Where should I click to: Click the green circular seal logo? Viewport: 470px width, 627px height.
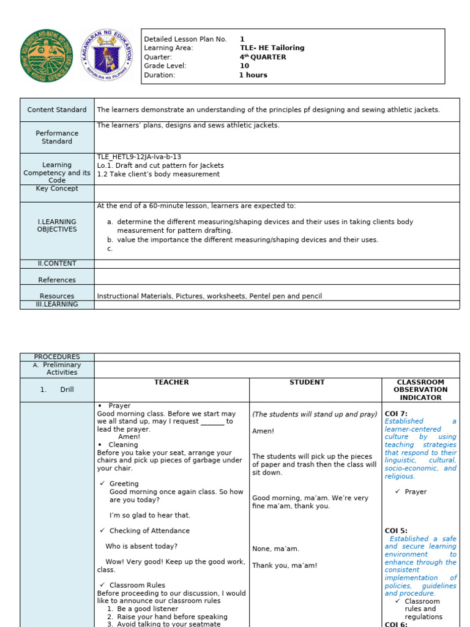(47, 56)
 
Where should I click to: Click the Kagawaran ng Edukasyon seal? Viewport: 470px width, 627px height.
(105, 56)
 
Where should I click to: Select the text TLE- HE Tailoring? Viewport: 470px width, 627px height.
(272, 48)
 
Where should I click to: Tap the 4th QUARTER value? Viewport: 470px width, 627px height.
(263, 57)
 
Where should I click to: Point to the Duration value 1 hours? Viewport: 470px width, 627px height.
(253, 75)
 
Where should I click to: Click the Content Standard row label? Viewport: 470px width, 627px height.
(57, 110)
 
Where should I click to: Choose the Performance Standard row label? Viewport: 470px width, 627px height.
(57, 137)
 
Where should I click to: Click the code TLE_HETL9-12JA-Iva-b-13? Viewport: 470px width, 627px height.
(139, 157)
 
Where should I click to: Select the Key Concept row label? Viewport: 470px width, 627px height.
(57, 189)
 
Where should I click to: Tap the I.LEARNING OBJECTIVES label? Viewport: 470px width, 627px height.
(57, 225)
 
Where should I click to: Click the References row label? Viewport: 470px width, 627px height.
(57, 280)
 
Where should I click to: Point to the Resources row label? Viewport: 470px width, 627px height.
(57, 296)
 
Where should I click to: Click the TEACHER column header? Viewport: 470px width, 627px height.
(171, 382)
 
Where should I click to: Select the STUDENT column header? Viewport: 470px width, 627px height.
(307, 382)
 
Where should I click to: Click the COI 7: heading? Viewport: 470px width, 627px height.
(396, 414)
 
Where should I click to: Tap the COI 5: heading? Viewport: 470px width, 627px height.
(396, 531)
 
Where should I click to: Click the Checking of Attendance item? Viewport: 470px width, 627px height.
(149, 531)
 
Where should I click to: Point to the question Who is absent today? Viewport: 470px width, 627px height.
(141, 546)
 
